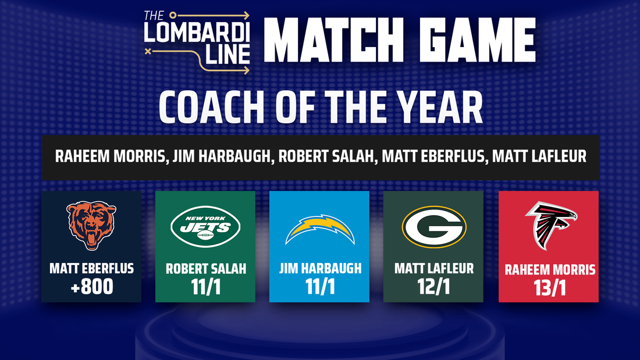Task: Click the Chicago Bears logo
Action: click(91, 225)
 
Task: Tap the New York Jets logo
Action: click(205, 226)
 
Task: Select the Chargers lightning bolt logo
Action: click(319, 229)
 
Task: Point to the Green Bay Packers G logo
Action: click(434, 227)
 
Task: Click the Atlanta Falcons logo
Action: click(550, 225)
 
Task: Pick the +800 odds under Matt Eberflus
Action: click(92, 287)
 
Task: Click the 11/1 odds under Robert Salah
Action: click(206, 287)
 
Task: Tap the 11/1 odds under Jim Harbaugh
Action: click(320, 287)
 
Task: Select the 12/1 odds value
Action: click(434, 287)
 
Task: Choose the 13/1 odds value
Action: click(550, 288)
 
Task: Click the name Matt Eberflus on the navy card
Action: click(91, 269)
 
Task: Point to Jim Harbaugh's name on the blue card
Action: click(321, 269)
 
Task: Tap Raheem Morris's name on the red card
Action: click(550, 270)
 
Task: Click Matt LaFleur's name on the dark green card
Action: click(434, 269)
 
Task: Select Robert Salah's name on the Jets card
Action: click(206, 269)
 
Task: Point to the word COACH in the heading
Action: click(211, 107)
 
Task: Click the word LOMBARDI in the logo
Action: click(197, 32)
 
